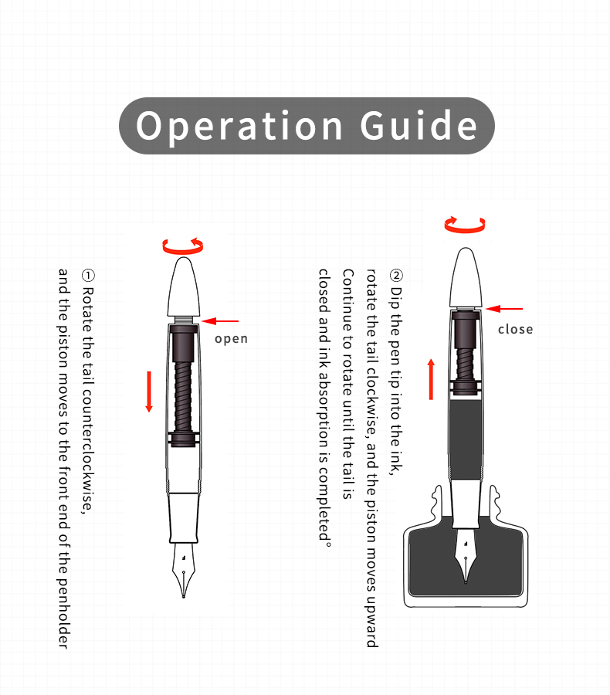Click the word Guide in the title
pyautogui.click(x=419, y=126)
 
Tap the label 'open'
pyautogui.click(x=231, y=338)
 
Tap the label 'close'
pyautogui.click(x=515, y=329)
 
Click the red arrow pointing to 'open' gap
pyautogui.click(x=221, y=320)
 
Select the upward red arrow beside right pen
pyautogui.click(x=432, y=378)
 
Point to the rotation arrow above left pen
pyautogui.click(x=183, y=246)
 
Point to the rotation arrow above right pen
pyautogui.click(x=465, y=225)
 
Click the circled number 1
pyautogui.click(x=88, y=276)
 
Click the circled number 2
pyautogui.click(x=396, y=276)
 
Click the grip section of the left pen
pyautogui.click(x=184, y=514)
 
